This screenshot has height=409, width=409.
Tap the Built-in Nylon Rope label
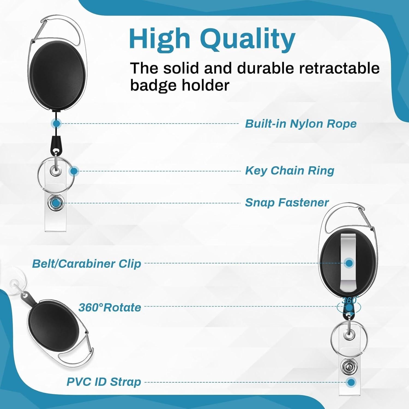[301, 124]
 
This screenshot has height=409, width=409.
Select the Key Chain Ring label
[290, 171]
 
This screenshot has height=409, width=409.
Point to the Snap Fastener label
[287, 203]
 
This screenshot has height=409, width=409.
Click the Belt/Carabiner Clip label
[87, 264]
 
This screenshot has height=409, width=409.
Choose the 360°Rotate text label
[110, 308]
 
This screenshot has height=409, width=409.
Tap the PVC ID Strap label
[104, 382]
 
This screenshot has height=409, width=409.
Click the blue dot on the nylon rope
[56, 124]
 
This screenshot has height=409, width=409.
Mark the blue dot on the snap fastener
[56, 203]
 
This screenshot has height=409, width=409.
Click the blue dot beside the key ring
[74, 171]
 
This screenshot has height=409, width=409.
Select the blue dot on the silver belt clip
[349, 263]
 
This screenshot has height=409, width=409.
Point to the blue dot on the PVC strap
[351, 382]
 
